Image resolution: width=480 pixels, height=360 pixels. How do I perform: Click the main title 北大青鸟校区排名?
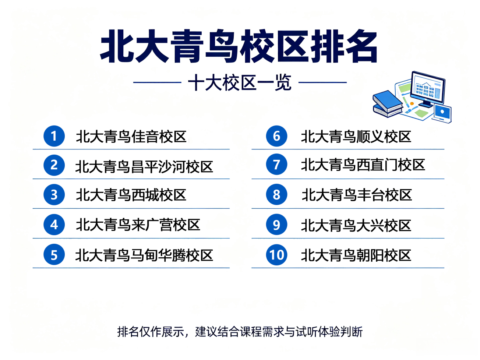(239, 46)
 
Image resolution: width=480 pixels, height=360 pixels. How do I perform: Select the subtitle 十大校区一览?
(240, 82)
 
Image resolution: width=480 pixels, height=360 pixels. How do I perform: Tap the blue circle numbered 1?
(54, 136)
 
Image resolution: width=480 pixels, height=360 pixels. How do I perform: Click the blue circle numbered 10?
(277, 255)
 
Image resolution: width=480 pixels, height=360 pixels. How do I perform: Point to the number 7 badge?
(277, 165)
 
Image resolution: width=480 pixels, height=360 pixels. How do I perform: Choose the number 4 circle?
(54, 225)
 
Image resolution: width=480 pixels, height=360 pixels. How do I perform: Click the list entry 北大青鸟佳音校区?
(131, 137)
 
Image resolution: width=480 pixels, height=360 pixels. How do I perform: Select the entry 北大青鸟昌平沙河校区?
(144, 167)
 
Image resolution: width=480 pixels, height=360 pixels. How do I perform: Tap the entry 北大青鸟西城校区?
(131, 195)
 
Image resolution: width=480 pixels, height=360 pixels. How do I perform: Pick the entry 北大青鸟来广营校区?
(138, 225)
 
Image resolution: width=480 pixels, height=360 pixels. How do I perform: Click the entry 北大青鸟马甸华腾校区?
(144, 255)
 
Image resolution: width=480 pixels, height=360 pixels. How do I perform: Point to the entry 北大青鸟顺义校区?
(356, 137)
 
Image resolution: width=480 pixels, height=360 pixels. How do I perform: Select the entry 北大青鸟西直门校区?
(363, 165)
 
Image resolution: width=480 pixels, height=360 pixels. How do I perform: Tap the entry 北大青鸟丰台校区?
(357, 195)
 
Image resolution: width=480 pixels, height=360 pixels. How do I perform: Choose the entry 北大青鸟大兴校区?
(356, 225)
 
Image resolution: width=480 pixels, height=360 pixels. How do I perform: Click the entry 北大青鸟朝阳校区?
(356, 255)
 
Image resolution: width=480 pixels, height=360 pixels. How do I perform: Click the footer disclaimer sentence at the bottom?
(240, 332)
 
